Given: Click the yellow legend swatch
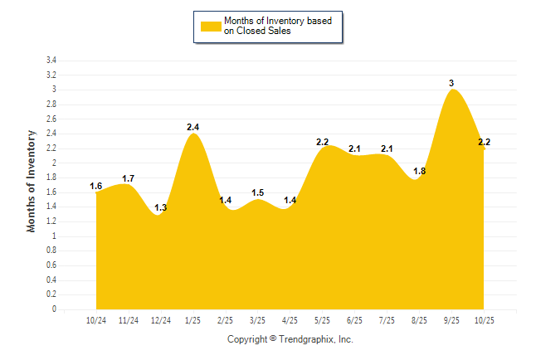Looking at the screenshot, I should (210, 27).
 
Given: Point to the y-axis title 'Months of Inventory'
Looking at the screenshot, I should (32, 180).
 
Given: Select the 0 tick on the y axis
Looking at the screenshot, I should (54, 309).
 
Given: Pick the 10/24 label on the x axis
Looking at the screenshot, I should (96, 320).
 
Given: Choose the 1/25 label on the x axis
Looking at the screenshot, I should (193, 320).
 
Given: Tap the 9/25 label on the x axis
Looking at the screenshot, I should (452, 320).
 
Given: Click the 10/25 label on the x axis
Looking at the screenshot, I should (485, 320).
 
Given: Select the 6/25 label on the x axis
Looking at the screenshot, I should (355, 320).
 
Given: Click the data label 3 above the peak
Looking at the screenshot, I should (451, 83).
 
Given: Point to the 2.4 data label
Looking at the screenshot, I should (193, 127).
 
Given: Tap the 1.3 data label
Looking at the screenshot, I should (161, 207).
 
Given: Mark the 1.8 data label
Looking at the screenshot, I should (420, 171).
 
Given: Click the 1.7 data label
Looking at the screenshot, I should (129, 178).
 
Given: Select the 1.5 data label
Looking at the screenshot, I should (258, 193).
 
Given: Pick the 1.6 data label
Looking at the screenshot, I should (96, 186).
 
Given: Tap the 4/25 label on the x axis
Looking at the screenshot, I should (290, 320).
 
